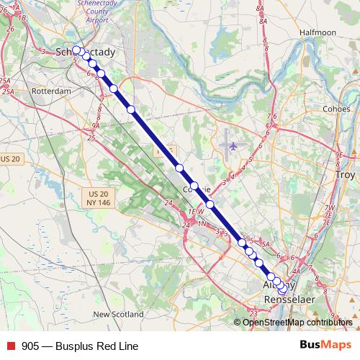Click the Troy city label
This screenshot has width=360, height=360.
tap(346, 175)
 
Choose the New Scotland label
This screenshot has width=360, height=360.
tap(118, 314)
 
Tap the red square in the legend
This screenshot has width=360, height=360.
tap(11, 346)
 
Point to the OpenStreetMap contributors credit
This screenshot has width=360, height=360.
tap(297, 322)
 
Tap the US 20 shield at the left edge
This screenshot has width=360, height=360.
tap(11, 158)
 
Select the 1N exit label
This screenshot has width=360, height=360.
tap(202, 225)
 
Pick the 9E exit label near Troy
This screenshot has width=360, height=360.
tap(339, 155)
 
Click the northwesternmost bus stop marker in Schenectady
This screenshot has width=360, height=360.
tap(76, 50)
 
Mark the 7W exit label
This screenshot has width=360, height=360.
tap(330, 208)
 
